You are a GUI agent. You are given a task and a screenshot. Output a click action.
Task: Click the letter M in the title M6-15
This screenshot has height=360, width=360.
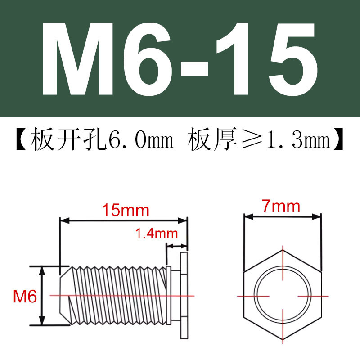pos(77,59)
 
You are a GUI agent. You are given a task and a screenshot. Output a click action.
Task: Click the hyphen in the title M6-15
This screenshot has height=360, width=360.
pos(194,68)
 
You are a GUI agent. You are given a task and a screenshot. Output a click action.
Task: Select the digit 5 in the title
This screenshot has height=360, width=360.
pos(293,59)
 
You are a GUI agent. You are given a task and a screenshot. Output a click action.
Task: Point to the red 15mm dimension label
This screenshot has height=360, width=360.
pos(126,210)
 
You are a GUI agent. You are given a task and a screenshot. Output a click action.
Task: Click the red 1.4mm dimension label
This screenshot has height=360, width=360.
pos(156,234)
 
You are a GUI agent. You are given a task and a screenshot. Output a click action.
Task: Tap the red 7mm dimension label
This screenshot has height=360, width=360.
pos(281,206)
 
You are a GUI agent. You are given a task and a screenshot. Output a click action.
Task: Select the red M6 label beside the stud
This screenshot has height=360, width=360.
pos(25,296)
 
